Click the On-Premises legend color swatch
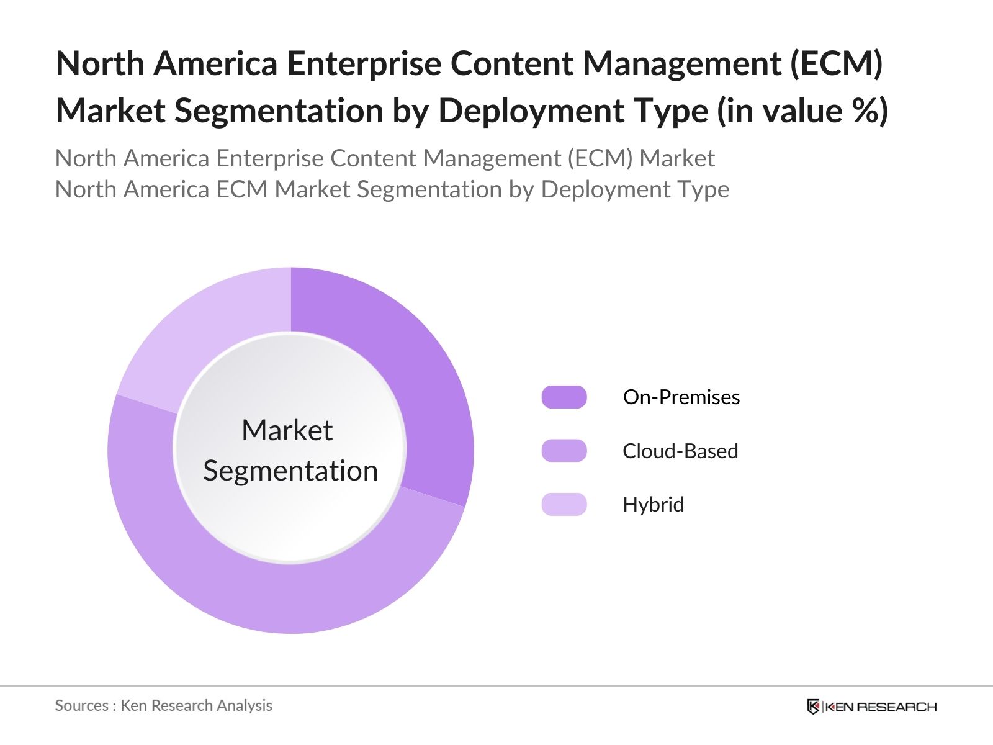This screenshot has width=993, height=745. point(564,397)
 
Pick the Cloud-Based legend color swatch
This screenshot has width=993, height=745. point(564,451)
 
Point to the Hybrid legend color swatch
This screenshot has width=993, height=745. point(564,504)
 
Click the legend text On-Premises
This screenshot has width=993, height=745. point(681,397)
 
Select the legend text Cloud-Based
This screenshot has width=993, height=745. point(680,451)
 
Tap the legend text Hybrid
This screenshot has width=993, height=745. point(653,504)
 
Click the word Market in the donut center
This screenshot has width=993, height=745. point(287,430)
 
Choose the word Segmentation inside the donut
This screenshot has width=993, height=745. point(290,471)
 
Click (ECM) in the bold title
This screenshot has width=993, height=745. point(835,63)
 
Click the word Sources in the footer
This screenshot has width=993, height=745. point(81,705)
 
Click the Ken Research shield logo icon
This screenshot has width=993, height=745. point(813,707)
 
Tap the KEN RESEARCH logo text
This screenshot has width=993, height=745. point(880,707)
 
